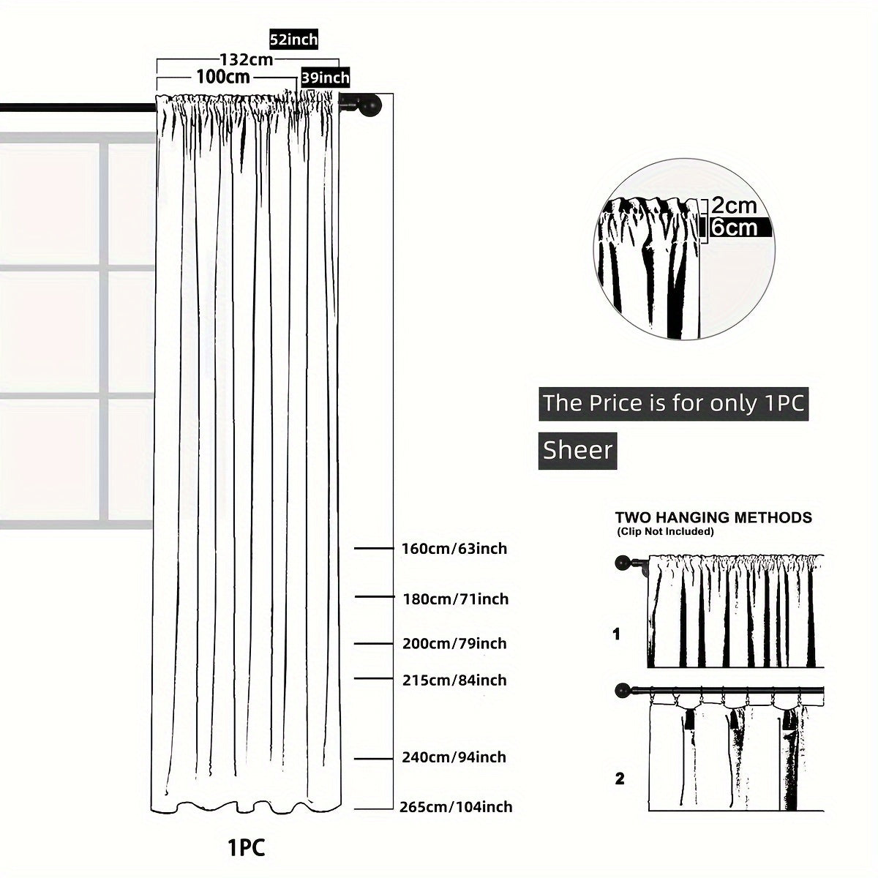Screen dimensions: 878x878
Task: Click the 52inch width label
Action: point(293,40)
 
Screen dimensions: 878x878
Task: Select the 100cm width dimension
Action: point(223,76)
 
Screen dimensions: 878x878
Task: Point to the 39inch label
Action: point(326,77)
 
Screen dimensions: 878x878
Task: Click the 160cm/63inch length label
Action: point(454,548)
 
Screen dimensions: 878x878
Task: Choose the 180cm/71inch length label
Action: point(455,599)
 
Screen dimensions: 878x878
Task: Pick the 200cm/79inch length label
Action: point(454,644)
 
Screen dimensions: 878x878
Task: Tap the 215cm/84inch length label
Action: point(454,680)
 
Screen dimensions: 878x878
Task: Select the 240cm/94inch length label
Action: point(454,757)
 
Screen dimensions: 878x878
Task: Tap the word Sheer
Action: point(577,450)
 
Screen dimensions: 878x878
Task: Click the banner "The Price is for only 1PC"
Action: point(673,403)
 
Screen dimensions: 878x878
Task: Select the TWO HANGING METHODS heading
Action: point(713,517)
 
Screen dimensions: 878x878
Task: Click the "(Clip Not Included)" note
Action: point(665,531)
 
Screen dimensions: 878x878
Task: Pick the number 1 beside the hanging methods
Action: point(616,634)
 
